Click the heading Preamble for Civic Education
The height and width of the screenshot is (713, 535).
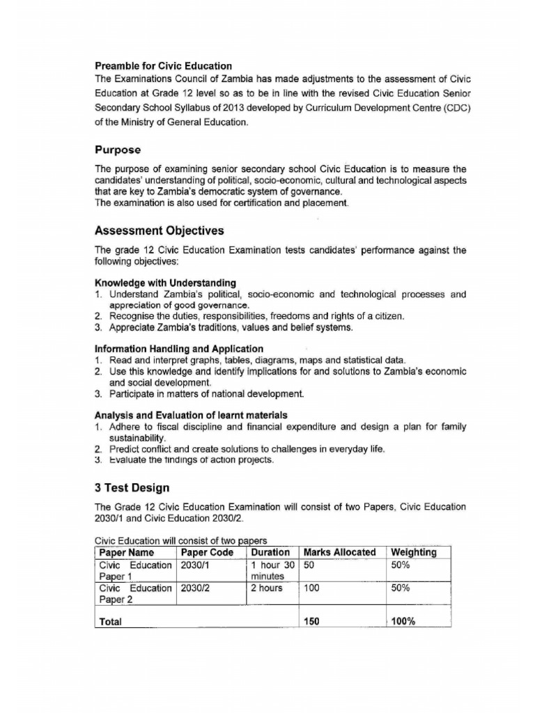(163, 67)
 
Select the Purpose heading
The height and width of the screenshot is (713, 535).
(118, 150)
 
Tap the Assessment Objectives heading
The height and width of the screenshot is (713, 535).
(159, 230)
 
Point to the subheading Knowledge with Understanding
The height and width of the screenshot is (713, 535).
(165, 283)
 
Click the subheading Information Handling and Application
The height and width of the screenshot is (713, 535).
(178, 349)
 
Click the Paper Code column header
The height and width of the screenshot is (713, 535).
(207, 552)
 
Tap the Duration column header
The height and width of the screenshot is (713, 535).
(270, 552)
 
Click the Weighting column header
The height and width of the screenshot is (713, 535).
(414, 552)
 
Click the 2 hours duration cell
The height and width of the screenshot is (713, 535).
(267, 588)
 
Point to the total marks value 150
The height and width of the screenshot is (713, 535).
(311, 622)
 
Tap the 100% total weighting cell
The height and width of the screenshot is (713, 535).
(403, 622)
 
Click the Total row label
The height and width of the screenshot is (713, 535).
(111, 622)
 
